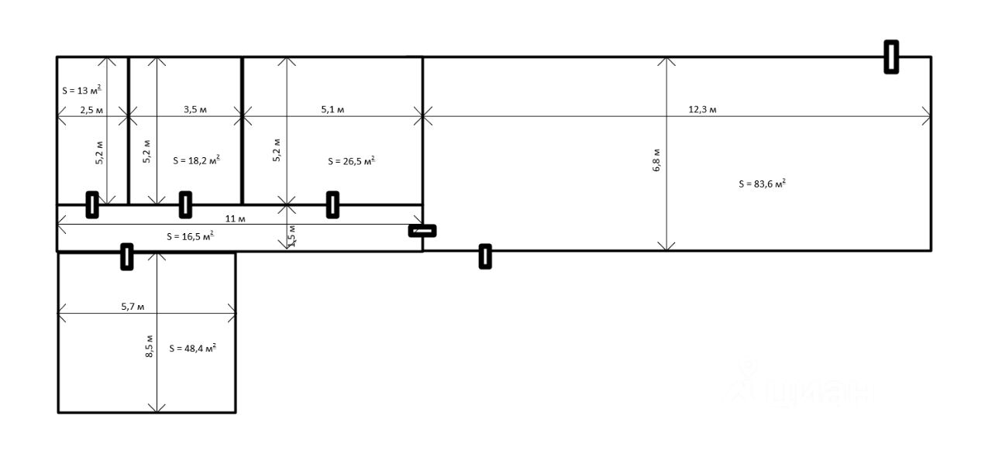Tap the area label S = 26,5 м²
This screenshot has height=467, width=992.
351,161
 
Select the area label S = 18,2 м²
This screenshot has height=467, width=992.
196,161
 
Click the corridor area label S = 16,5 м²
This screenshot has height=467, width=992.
190,236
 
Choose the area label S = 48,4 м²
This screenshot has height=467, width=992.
192,349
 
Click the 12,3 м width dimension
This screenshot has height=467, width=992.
702,110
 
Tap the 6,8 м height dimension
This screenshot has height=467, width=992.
656,160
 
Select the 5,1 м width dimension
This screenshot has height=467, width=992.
332,110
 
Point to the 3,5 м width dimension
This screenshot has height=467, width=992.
195,110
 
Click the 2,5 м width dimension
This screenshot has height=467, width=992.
91,110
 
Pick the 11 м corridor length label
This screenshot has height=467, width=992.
241,219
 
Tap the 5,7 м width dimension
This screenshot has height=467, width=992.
133,307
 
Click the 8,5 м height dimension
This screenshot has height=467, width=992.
149,346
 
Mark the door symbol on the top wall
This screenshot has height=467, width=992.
891,57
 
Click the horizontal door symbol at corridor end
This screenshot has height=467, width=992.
422,230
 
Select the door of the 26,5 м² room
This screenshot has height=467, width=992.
332,204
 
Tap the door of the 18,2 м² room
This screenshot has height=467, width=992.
185,204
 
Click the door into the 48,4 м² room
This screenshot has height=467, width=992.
126,256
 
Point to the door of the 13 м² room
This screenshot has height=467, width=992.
91,204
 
